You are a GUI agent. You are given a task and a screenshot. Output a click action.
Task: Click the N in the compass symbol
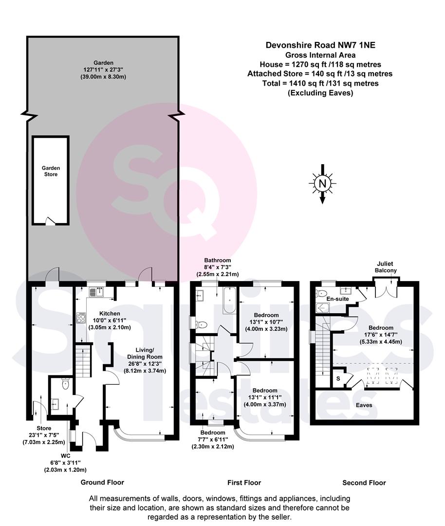point(322,184)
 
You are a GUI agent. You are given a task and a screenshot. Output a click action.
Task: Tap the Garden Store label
point(51,171)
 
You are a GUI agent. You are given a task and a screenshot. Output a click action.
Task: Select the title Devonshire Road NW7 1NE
point(320,45)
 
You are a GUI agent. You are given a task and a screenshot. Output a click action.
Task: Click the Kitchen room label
point(110,313)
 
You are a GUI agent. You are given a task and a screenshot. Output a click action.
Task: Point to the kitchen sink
point(96,292)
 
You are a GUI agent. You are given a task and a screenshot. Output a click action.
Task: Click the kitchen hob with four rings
point(81,318)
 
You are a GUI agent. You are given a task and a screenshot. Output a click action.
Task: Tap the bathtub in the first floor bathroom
point(229,300)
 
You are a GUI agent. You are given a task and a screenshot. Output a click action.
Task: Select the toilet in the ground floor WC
point(65,384)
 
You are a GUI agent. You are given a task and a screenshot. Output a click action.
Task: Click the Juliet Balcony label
point(385,267)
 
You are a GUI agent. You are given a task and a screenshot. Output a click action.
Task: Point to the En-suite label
point(337,299)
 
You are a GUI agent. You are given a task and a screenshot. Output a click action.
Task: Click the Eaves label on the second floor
point(364,405)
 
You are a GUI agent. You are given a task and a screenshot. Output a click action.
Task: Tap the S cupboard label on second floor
point(338,379)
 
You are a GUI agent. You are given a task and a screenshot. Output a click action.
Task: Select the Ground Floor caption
point(102,482)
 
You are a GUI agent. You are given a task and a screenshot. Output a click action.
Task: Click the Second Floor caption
point(364,483)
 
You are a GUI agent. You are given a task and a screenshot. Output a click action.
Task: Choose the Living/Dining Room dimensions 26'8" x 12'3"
point(145,364)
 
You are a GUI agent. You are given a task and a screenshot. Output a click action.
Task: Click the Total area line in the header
point(320,83)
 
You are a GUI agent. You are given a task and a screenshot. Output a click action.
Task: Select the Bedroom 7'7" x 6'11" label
point(213,439)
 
